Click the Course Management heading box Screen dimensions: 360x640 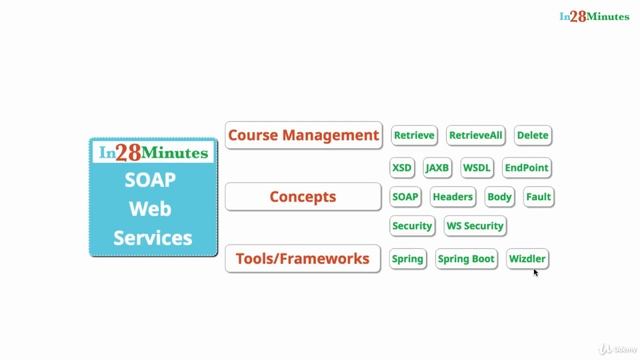point(303,135)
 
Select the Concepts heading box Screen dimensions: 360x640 point(303,197)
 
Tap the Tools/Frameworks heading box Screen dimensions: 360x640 point(303,259)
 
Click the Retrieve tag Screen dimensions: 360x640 point(414,135)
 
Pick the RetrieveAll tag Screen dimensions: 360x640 point(476,135)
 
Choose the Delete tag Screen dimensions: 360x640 point(533,135)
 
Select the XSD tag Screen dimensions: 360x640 point(402,167)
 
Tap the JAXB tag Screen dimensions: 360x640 point(437,167)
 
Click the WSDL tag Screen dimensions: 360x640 point(477,167)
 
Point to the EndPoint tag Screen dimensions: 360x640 point(527,167)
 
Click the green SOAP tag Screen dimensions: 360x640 point(405,197)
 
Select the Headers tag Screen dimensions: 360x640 point(453,197)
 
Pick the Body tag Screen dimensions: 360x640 point(499,197)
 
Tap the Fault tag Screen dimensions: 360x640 point(538,197)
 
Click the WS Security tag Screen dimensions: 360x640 point(475,226)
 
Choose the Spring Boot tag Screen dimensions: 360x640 point(467,259)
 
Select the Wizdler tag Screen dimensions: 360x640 point(527,259)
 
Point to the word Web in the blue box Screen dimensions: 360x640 point(153,210)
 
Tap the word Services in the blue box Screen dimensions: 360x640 point(153,238)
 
